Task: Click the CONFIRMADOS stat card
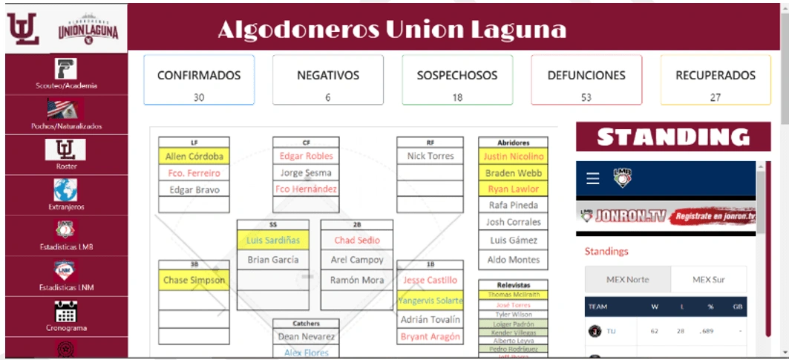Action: [x=199, y=79]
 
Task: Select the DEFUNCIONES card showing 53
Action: [x=586, y=79]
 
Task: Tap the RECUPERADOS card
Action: [x=716, y=79]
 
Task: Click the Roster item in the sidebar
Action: [x=66, y=155]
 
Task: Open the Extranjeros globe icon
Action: [x=66, y=192]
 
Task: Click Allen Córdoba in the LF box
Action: [x=194, y=157]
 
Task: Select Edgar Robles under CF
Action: [x=306, y=157]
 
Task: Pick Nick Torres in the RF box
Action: [x=430, y=157]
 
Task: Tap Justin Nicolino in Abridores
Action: [x=514, y=157]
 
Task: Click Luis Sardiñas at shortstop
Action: [x=273, y=240]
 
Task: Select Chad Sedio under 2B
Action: [x=357, y=240]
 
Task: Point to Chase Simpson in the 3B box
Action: [x=194, y=280]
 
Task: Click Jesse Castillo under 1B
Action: [x=430, y=280]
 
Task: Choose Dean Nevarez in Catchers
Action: [x=306, y=336]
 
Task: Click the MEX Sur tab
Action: [x=708, y=280]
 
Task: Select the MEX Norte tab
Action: [x=628, y=280]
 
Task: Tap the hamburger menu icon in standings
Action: [x=592, y=178]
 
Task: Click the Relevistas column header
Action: [x=514, y=284]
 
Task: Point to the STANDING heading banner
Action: [x=673, y=137]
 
